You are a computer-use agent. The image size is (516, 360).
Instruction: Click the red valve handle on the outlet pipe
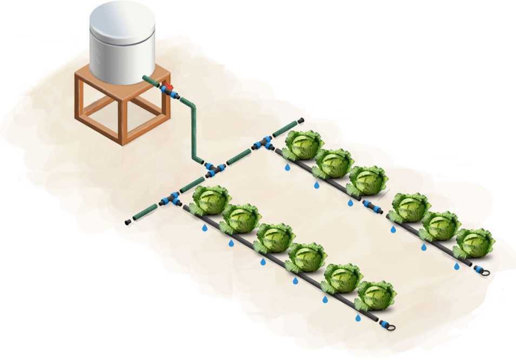pyautogui.click(x=168, y=87)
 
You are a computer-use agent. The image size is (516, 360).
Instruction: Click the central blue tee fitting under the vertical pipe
pyautogui.click(x=215, y=170)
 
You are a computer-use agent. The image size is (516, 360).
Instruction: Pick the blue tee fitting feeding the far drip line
pyautogui.click(x=263, y=144)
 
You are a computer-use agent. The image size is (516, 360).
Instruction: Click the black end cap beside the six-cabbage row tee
pyautogui.click(x=128, y=222)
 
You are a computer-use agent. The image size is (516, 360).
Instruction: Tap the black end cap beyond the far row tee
pyautogui.click(x=301, y=120)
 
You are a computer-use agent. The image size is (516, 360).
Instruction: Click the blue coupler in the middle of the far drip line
pyautogui.click(x=372, y=206)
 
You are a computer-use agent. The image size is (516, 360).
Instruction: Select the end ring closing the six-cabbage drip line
pyautogui.click(x=388, y=326)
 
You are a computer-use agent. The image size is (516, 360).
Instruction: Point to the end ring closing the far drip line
pyautogui.click(x=483, y=271)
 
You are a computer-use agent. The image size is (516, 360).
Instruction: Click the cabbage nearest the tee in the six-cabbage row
pyautogui.click(x=211, y=199)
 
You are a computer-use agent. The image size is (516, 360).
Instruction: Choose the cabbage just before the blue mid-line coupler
pyautogui.click(x=367, y=181)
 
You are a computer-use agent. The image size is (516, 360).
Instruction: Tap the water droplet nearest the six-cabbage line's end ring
pyautogui.click(x=358, y=318)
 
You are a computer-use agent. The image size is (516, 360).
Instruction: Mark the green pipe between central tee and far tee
pyautogui.click(x=239, y=157)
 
